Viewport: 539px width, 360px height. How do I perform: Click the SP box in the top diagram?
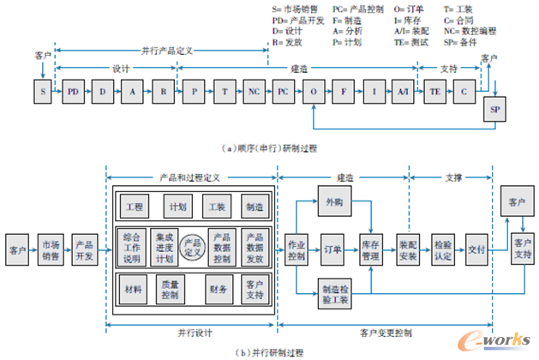click(x=494, y=111)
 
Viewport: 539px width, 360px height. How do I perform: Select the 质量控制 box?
click(x=170, y=291)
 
